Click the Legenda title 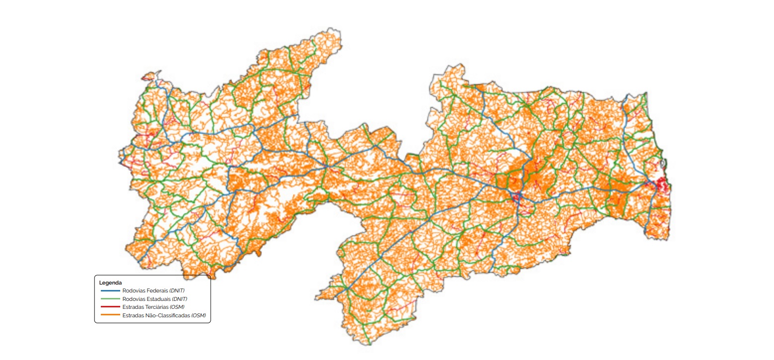point(110,283)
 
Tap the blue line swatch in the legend point(110,290)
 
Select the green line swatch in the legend point(110,299)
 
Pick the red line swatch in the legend point(110,307)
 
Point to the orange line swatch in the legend point(110,315)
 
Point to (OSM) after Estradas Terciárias point(177,307)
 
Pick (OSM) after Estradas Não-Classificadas point(199,315)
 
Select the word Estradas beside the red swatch point(132,307)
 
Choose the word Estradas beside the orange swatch point(132,315)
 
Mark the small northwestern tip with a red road point(148,77)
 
